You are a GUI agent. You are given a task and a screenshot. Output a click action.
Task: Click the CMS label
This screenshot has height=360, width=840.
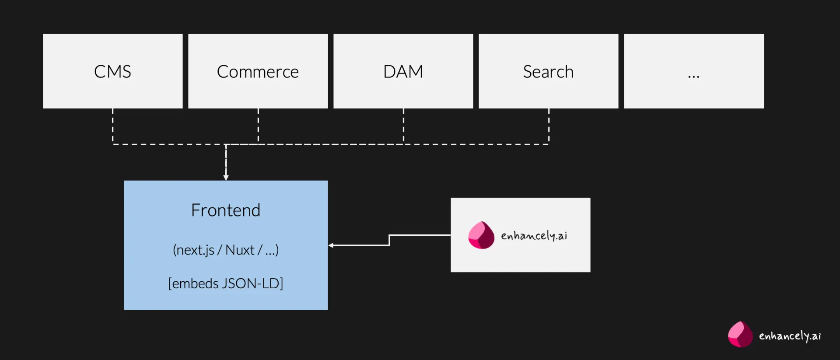click(x=112, y=72)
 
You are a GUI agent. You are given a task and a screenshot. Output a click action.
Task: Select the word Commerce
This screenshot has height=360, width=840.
click(x=258, y=72)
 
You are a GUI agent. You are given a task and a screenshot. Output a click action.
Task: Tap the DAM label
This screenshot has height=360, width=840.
click(x=403, y=72)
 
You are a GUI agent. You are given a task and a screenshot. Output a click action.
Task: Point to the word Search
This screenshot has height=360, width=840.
click(x=548, y=72)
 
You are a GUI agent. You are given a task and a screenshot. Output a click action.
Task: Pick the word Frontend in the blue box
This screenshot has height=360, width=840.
click(x=226, y=210)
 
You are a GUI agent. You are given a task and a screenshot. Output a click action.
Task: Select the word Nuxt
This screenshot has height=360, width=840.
click(x=240, y=250)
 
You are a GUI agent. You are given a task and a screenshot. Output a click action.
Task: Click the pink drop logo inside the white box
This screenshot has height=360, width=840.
click(x=481, y=235)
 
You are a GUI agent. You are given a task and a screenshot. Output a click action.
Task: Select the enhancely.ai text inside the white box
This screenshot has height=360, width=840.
click(x=534, y=236)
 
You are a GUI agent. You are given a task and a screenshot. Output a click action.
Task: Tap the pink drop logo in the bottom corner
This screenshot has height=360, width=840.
click(x=740, y=335)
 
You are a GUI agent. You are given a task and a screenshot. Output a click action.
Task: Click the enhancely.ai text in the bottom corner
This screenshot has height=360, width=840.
click(x=790, y=336)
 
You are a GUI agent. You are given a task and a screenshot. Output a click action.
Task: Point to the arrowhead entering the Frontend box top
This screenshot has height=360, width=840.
click(x=226, y=177)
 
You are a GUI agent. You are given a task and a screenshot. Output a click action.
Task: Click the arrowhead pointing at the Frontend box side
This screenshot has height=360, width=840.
click(x=331, y=245)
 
